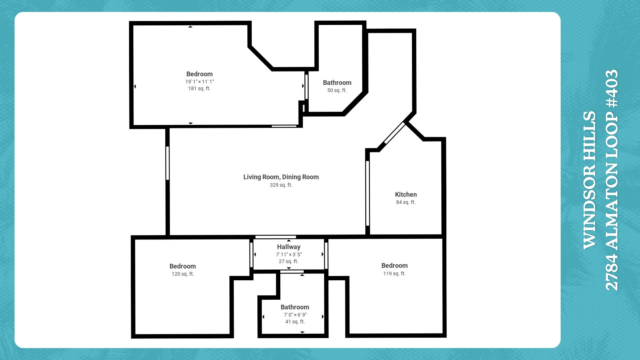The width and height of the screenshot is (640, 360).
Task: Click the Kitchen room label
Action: pos(406,194)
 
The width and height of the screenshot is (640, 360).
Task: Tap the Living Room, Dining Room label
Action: pos(281,177)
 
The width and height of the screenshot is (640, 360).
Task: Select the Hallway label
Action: pos(289,247)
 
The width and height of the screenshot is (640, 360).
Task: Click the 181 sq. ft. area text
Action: pos(199,88)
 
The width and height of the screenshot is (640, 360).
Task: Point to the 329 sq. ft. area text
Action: pos(281,185)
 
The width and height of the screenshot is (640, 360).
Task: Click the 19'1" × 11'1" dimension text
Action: pos(199,81)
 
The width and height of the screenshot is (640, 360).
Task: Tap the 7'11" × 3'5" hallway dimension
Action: pos(289,254)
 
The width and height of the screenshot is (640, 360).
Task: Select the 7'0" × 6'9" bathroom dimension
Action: pos(295,315)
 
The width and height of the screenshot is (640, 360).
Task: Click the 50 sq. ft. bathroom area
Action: pos(337,90)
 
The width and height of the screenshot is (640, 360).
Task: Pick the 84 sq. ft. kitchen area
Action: pos(406,202)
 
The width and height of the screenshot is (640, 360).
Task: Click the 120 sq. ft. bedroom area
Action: pos(183,274)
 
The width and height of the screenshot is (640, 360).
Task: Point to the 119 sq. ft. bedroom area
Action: pos(394,274)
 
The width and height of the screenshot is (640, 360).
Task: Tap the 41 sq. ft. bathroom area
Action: pos(295,322)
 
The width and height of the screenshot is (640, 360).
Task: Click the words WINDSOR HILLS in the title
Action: pos(589,180)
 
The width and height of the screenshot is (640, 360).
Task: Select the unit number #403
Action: pos(612,89)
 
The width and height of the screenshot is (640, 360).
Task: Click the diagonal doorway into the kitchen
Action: pos(394,133)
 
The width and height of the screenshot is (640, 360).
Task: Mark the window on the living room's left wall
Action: pos(167,163)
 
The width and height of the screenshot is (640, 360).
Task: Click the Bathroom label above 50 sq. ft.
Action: pos(337,83)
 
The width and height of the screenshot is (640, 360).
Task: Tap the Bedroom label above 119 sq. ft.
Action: pos(394,266)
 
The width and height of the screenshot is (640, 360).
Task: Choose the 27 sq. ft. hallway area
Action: pos(289,261)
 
